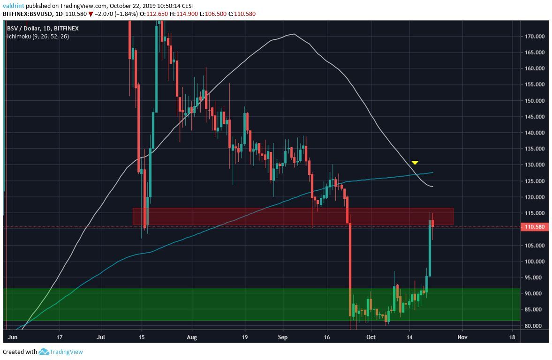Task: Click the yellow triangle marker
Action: click(415, 163)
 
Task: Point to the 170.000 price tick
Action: click(535, 36)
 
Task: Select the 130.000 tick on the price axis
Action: click(535, 165)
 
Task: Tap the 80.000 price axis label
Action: click(535, 326)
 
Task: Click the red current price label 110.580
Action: click(535, 227)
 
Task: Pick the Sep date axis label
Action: click(282, 337)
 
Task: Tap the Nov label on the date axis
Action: click(462, 337)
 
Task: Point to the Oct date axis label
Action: click(371, 337)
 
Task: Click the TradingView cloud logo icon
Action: click(44, 352)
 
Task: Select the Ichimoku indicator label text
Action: click(38, 36)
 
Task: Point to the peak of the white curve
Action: click(294, 34)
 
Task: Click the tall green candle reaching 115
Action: click(430, 248)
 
